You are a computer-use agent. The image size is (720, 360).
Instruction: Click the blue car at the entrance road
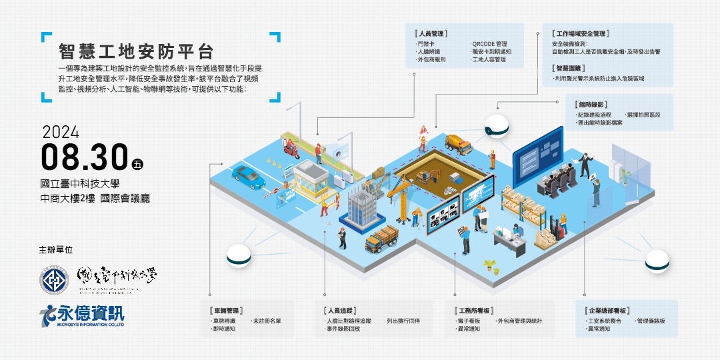[x=248, y=176]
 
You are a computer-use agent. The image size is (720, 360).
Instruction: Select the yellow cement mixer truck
[x=459, y=141]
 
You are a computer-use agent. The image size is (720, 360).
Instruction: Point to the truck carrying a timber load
[x=381, y=236]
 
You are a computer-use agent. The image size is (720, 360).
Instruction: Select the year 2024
[x=60, y=130]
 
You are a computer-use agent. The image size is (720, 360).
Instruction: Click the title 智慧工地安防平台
[x=136, y=52]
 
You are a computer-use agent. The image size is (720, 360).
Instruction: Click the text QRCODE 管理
[x=489, y=43]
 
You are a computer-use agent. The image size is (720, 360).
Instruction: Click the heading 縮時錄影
[x=590, y=105]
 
